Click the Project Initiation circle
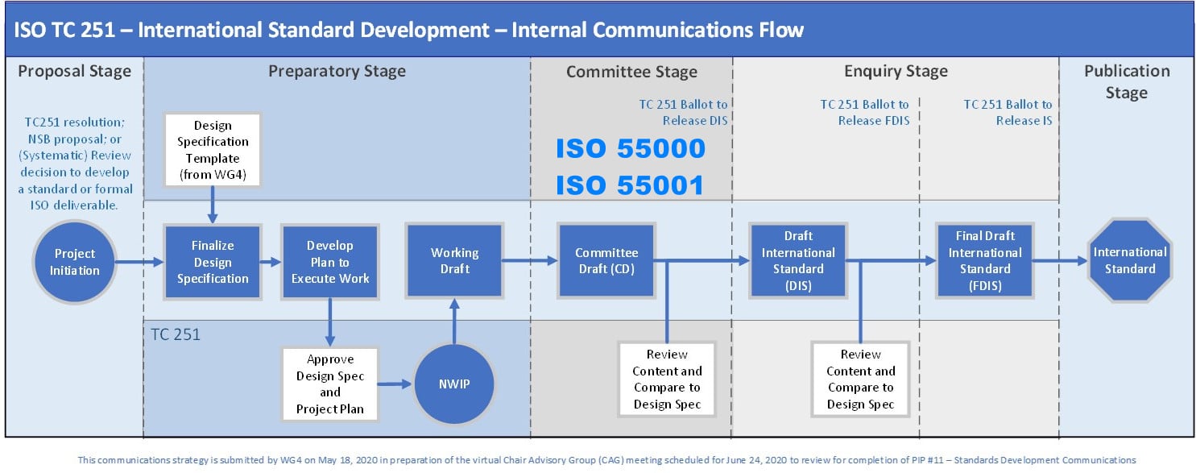[x=75, y=262]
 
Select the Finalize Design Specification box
[x=213, y=262]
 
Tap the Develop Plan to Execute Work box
[x=329, y=262]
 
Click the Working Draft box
[x=454, y=260]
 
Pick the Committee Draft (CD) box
[x=606, y=260]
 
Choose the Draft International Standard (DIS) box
[x=797, y=260]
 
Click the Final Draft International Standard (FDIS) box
[x=984, y=260]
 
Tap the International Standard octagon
[x=1129, y=260]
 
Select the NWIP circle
[x=454, y=384]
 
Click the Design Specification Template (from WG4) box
[x=213, y=151]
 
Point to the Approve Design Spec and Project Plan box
[x=329, y=384]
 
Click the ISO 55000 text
[x=631, y=149]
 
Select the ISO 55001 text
[x=631, y=185]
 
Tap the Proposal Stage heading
[x=74, y=71]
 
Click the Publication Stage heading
[x=1126, y=81]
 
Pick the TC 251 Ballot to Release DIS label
[x=684, y=112]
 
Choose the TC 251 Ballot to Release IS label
[x=1007, y=112]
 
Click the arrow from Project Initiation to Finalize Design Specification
[x=141, y=262]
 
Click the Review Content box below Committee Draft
[x=667, y=379]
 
